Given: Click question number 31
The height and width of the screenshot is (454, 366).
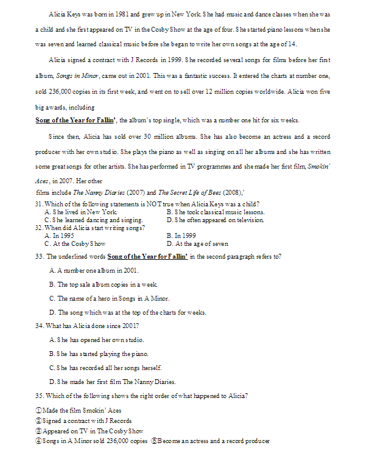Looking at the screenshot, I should pos(40,203).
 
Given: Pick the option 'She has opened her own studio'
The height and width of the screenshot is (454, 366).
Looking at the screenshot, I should pos(97,340).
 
